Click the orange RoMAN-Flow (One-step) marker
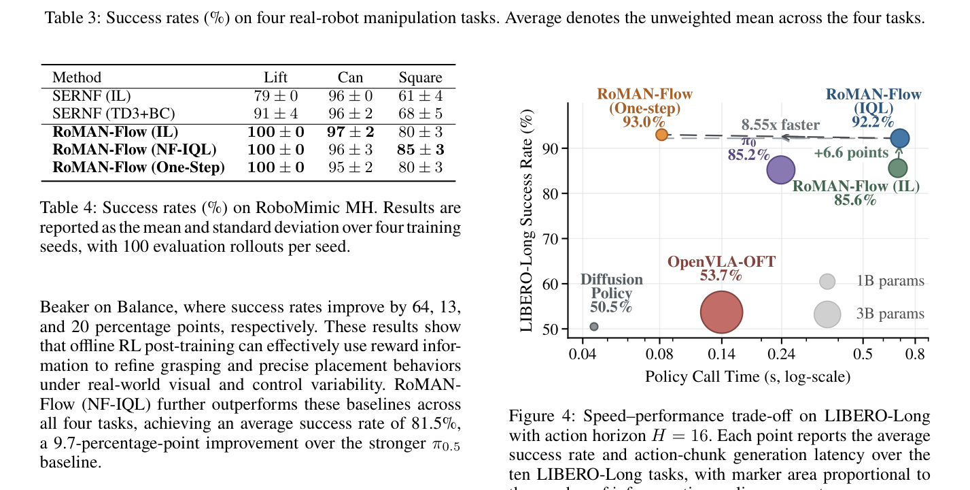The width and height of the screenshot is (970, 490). pyautogui.click(x=661, y=135)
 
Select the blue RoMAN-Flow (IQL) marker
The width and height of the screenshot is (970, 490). pyautogui.click(x=900, y=138)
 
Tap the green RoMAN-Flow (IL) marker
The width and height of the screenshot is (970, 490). pyautogui.click(x=898, y=168)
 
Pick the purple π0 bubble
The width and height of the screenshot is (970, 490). pyautogui.click(x=781, y=170)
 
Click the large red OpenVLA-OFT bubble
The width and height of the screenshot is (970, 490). pyautogui.click(x=721, y=312)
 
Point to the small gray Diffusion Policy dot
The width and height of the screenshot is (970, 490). pyautogui.click(x=594, y=327)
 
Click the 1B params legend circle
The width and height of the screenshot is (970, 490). pyautogui.click(x=827, y=282)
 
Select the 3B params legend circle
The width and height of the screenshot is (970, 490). pyautogui.click(x=827, y=314)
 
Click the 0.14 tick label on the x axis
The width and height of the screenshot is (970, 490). pyautogui.click(x=721, y=355)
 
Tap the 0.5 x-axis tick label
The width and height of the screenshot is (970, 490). pyautogui.click(x=863, y=355)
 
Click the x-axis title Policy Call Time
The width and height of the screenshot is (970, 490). pyautogui.click(x=748, y=376)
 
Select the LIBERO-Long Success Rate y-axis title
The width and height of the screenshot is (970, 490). pyautogui.click(x=526, y=221)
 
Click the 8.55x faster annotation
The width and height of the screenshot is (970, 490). pyautogui.click(x=780, y=125)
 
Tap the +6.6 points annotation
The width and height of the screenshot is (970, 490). pyautogui.click(x=851, y=152)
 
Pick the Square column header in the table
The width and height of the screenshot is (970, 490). pyautogui.click(x=421, y=78)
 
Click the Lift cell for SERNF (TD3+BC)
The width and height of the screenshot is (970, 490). pyautogui.click(x=276, y=114)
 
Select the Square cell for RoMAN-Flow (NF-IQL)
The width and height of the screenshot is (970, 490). pyautogui.click(x=421, y=150)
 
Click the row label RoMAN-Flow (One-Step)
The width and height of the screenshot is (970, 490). pyautogui.click(x=139, y=167)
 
